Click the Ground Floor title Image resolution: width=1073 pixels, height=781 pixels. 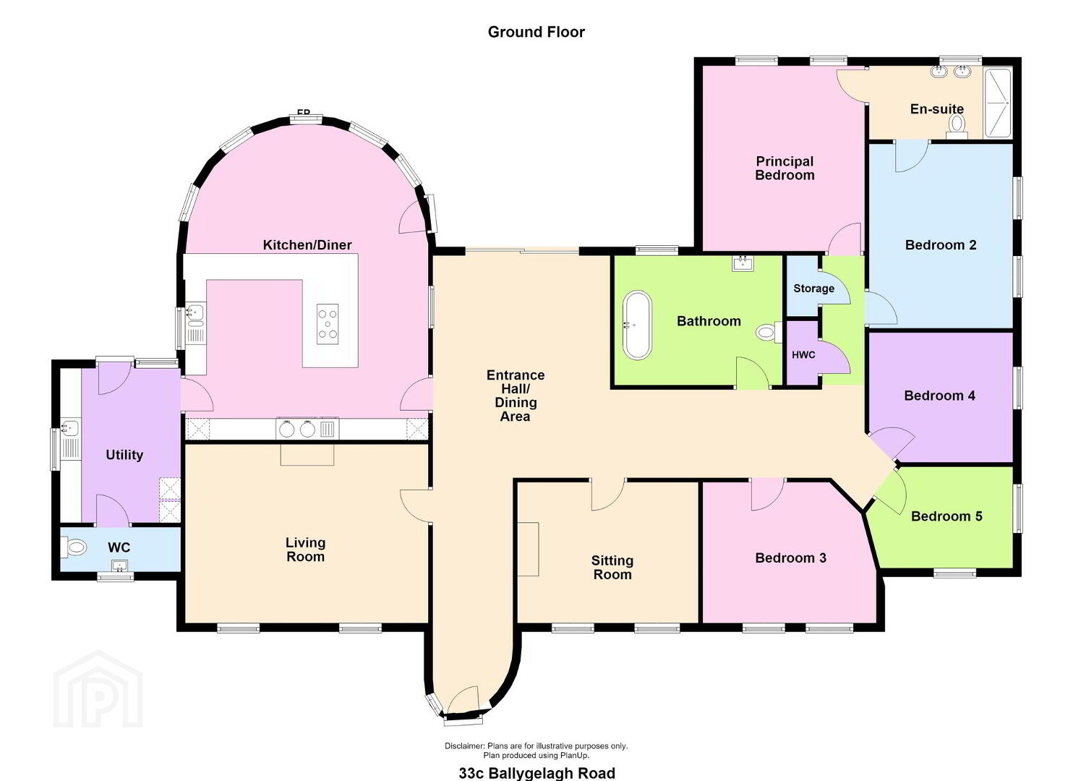tap(536, 32)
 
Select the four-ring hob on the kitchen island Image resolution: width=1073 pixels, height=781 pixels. tap(328, 324)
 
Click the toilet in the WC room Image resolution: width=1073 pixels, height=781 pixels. tap(74, 547)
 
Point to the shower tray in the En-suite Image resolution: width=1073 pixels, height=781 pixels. tap(997, 103)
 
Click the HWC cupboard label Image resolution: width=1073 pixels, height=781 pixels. tap(803, 355)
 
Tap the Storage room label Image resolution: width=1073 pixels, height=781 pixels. tap(813, 289)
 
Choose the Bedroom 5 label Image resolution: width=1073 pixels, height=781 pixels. tap(946, 516)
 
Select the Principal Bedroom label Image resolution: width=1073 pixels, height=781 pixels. tap(785, 168)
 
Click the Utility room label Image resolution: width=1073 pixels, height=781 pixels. tap(124, 455)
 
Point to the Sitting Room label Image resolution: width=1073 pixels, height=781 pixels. tap(612, 567)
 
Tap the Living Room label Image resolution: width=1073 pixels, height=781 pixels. tap(306, 550)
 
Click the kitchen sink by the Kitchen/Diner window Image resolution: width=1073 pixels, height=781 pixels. tap(196, 312)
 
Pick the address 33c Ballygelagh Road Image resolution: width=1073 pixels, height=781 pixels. tap(537, 773)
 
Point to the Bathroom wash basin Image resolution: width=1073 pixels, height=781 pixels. tap(743, 263)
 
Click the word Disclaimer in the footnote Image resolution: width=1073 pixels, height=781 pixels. tap(465, 746)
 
